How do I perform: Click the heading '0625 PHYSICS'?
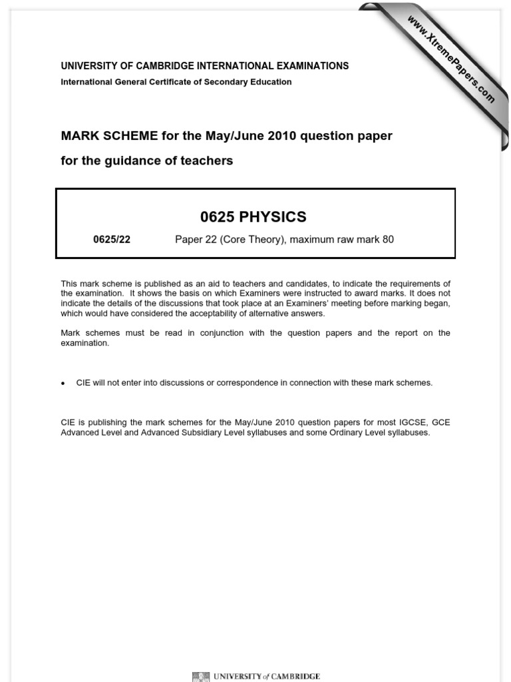point(253,217)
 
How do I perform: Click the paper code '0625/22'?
point(112,240)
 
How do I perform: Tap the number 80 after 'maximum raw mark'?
point(388,240)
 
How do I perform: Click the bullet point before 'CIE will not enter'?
point(63,384)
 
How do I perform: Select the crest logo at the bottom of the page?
point(200,675)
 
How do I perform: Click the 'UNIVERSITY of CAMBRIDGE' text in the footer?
point(266,676)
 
